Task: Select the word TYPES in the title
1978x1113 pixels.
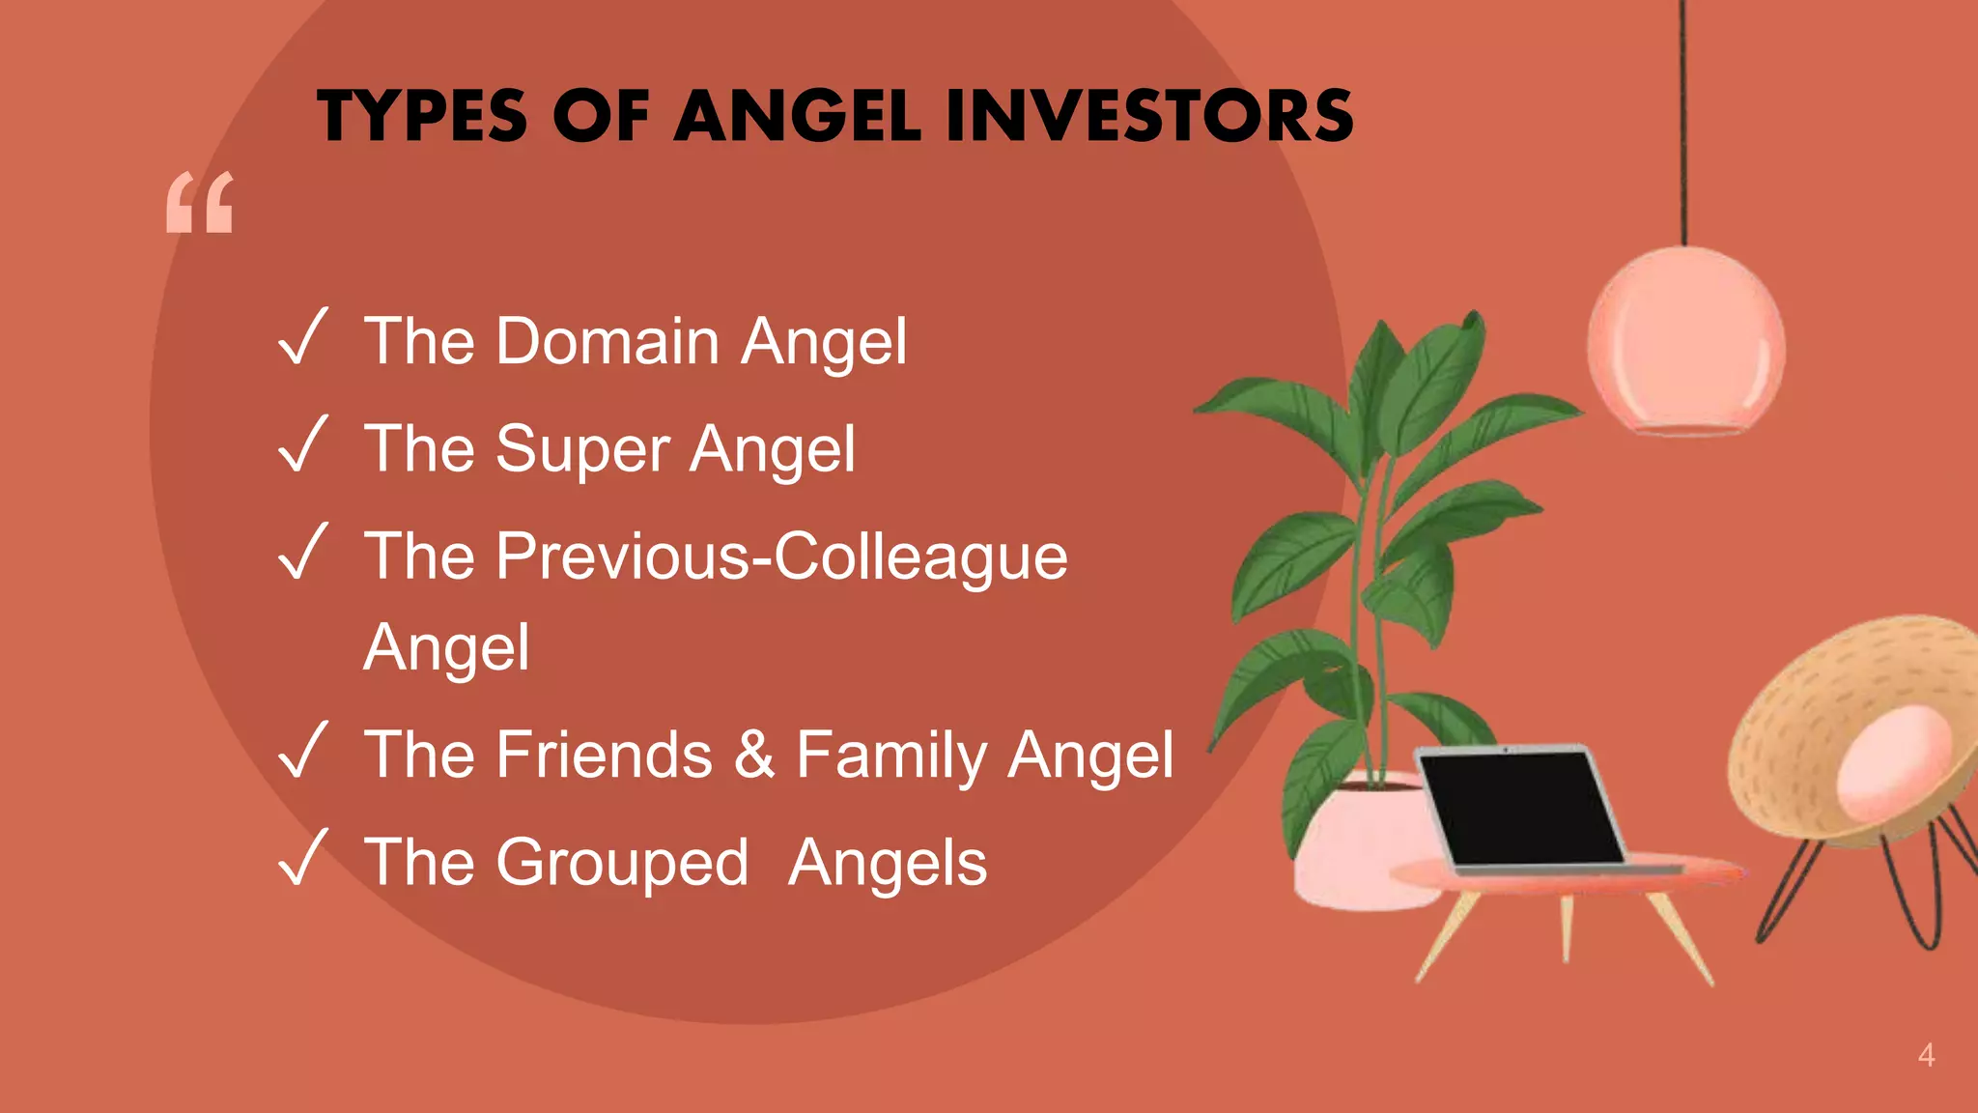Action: [422, 116]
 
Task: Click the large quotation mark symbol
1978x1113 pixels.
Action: [200, 203]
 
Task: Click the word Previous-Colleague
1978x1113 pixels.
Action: [781, 556]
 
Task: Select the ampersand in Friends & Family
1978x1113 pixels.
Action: [754, 755]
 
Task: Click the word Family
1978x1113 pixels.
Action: [890, 756]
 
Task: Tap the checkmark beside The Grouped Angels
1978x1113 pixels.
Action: [303, 858]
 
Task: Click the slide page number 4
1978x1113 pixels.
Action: [1926, 1055]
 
